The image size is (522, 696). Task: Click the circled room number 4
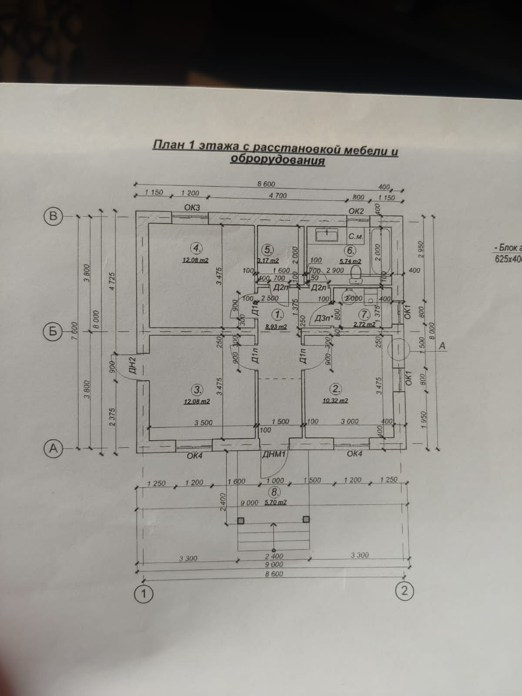point(197,248)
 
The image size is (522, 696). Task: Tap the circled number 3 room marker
point(197,389)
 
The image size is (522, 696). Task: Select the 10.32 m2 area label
point(335,401)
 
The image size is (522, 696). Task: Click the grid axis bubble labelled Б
point(53,331)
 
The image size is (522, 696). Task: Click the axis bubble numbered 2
point(404,592)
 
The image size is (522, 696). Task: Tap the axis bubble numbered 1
point(143,594)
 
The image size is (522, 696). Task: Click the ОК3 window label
point(192,208)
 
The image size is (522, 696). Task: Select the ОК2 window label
point(356,211)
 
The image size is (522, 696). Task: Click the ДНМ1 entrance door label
point(274,455)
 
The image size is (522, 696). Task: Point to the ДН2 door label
point(133,365)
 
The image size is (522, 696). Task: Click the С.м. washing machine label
point(356,237)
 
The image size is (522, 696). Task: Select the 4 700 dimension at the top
point(278,196)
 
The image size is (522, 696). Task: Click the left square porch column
point(241,521)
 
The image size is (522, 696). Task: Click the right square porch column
point(306,519)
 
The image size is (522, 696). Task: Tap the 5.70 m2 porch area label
point(275,502)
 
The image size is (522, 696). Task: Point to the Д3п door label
point(322,318)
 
